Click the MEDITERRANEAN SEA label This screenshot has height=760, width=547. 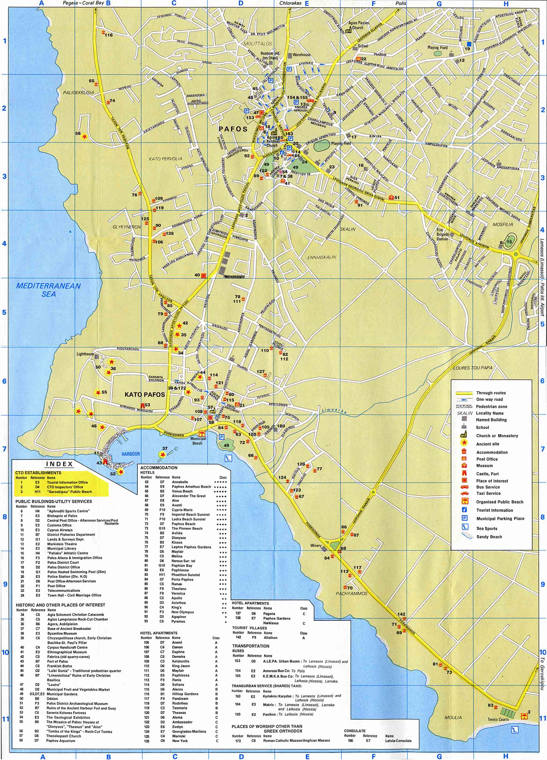click(49, 290)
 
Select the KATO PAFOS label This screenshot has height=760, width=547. click(145, 394)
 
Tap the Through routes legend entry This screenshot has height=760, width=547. click(491, 393)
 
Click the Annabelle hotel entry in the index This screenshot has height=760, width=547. click(180, 482)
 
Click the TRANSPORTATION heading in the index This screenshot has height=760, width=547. click(251, 646)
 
